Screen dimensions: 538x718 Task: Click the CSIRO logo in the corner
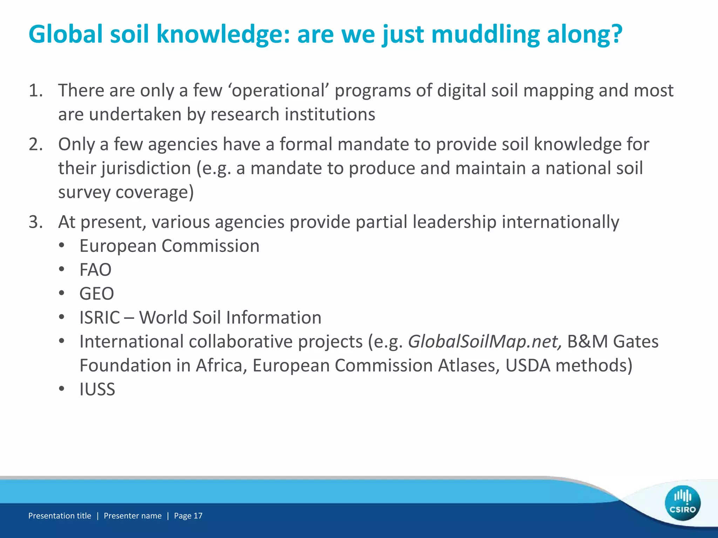pos(682,503)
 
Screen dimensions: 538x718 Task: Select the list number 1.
pos(35,90)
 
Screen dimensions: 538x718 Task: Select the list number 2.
pos(35,144)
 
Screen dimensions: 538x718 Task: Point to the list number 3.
pos(35,222)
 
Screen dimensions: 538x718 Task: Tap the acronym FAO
pos(95,270)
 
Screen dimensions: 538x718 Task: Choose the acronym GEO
pos(97,294)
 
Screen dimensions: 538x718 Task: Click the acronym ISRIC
pos(100,318)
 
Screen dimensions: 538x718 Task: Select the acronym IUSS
pos(97,389)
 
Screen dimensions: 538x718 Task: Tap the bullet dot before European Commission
pos(62,246)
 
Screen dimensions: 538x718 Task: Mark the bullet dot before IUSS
pos(62,389)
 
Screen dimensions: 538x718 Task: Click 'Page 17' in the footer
pos(188,516)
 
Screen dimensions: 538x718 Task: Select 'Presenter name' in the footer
pos(133,516)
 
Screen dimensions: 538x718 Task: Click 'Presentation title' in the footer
pos(60,516)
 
